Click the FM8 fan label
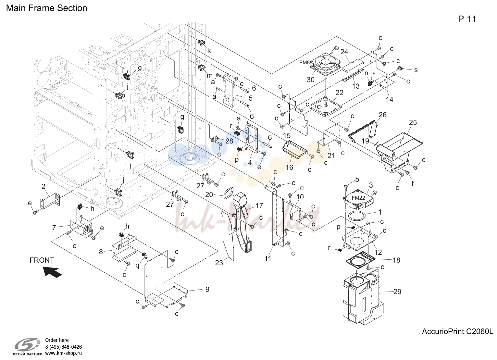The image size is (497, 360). tap(304, 63)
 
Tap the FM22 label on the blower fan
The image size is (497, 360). tap(358, 198)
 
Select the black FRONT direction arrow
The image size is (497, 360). tap(53, 272)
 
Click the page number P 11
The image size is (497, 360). tap(467, 19)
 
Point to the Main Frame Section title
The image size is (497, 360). tap(47, 8)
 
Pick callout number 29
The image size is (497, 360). tap(397, 292)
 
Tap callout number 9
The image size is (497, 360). tap(207, 289)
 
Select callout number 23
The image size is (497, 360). tap(219, 263)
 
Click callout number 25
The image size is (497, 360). tap(413, 122)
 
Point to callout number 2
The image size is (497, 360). tap(43, 187)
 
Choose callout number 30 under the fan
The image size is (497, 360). tap(311, 80)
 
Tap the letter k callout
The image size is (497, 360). tap(209, 51)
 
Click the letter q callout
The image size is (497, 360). tap(138, 266)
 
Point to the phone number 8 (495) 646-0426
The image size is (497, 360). tap(63, 347)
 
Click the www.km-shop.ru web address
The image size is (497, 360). tap(63, 353)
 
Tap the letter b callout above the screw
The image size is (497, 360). tap(357, 179)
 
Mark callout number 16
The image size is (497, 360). tap(289, 167)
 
